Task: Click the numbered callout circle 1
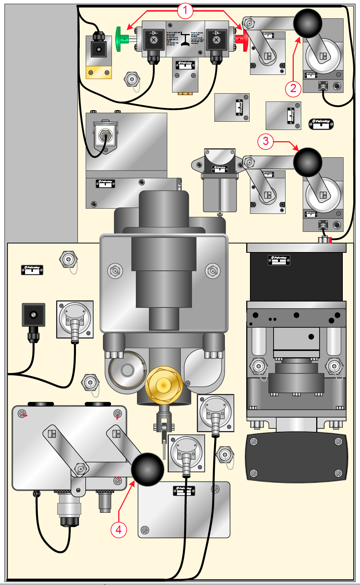[185, 11]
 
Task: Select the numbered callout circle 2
[293, 88]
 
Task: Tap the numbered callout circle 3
[265, 141]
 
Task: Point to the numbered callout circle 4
[119, 530]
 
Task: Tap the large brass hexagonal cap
[164, 385]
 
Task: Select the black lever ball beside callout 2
[308, 23]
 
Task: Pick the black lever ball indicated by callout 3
[308, 162]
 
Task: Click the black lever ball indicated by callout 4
[147, 469]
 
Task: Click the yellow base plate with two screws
[99, 72]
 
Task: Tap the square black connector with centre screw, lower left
[34, 315]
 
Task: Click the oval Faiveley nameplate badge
[321, 124]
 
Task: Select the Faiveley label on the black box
[279, 260]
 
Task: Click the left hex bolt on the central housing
[115, 271]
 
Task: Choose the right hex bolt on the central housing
[213, 271]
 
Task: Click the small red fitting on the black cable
[330, 240]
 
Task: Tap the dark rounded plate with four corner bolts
[296, 457]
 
